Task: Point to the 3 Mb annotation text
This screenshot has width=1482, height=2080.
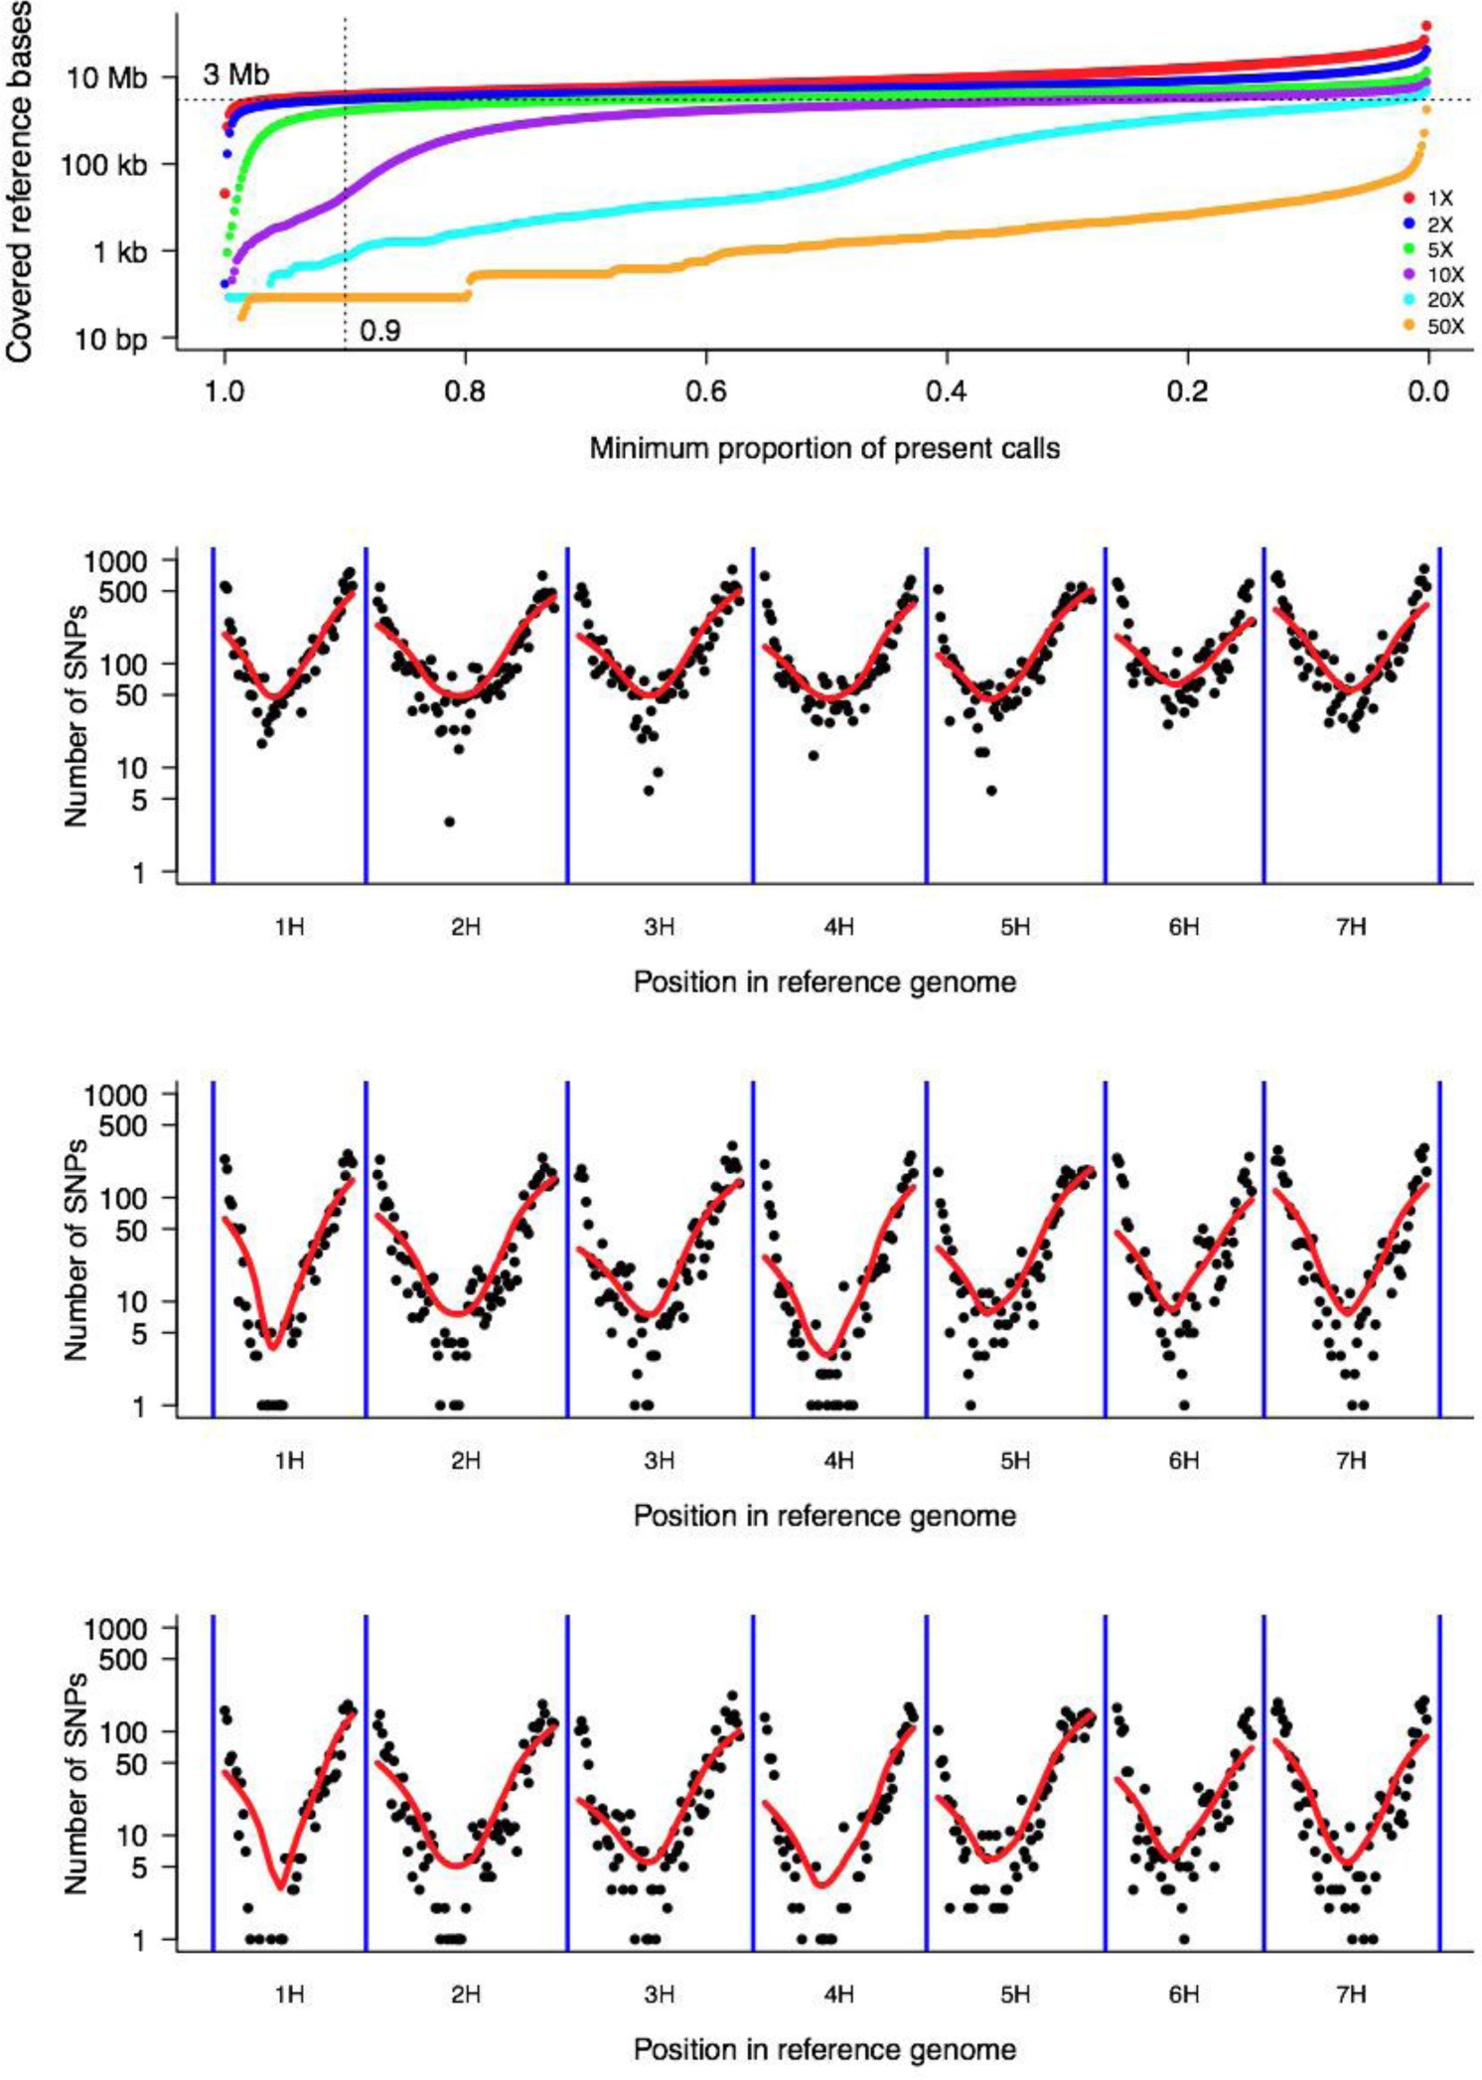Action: coord(235,74)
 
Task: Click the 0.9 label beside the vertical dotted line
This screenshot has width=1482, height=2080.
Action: coord(380,331)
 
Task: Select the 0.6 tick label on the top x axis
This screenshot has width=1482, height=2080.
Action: coord(705,391)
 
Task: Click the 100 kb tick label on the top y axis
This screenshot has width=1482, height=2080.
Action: coord(103,165)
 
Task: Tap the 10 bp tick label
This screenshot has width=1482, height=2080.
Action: coord(110,340)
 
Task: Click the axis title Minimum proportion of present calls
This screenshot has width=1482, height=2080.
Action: coord(823,448)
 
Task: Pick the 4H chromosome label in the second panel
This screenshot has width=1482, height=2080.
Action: coord(838,927)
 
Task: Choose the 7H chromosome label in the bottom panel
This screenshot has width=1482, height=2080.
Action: coord(1351,1995)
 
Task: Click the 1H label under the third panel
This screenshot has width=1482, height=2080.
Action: coord(289,1461)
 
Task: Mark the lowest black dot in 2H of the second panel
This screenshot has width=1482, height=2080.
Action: coord(450,821)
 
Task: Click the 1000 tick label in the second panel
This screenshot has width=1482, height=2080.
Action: coord(115,561)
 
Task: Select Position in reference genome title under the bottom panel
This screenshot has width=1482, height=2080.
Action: coord(823,2049)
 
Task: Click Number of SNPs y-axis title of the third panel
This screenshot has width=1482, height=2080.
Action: coord(76,1249)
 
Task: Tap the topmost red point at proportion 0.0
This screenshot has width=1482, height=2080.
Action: coord(1426,26)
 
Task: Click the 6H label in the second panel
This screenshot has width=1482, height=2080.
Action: coord(1183,927)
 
